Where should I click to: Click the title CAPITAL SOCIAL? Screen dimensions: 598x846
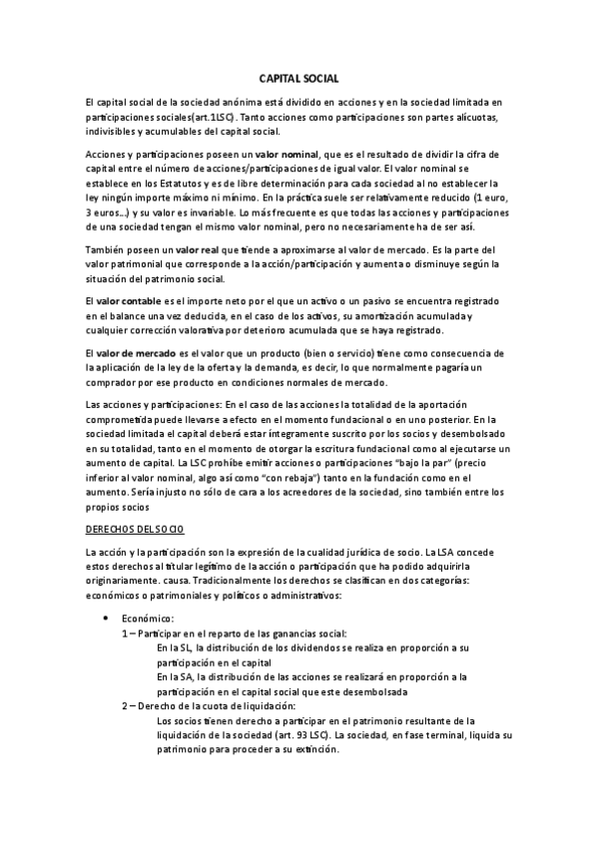point(299,77)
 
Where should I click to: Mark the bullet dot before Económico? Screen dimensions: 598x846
point(107,619)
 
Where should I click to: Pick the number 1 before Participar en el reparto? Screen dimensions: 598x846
point(125,633)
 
